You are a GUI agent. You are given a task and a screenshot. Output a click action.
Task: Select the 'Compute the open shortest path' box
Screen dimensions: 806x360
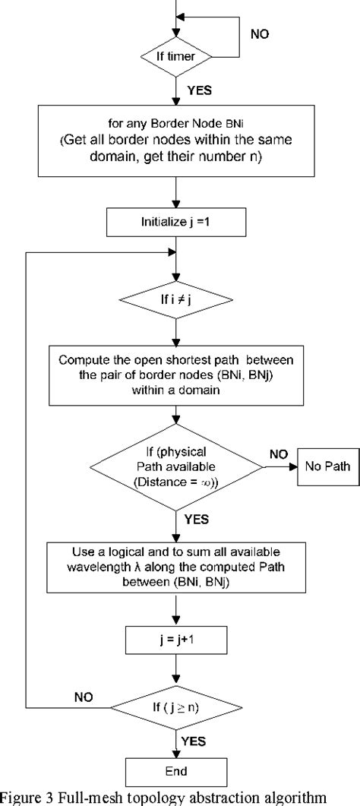[x=176, y=376]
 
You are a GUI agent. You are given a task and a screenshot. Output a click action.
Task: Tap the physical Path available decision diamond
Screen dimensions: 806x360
[x=176, y=465]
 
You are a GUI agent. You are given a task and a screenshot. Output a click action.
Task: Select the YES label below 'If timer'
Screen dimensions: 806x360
[x=199, y=90]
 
